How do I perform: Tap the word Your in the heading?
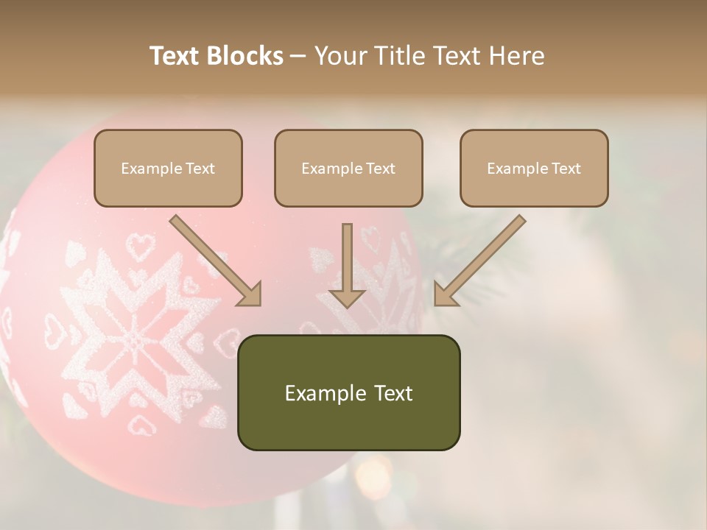340,56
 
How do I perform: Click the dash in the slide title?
298,57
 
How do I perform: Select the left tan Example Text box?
168,168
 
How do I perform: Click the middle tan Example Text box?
348,168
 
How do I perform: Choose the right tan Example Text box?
534,168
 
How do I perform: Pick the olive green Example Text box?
348,392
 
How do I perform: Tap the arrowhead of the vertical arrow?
347,297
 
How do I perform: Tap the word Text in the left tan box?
200,169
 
